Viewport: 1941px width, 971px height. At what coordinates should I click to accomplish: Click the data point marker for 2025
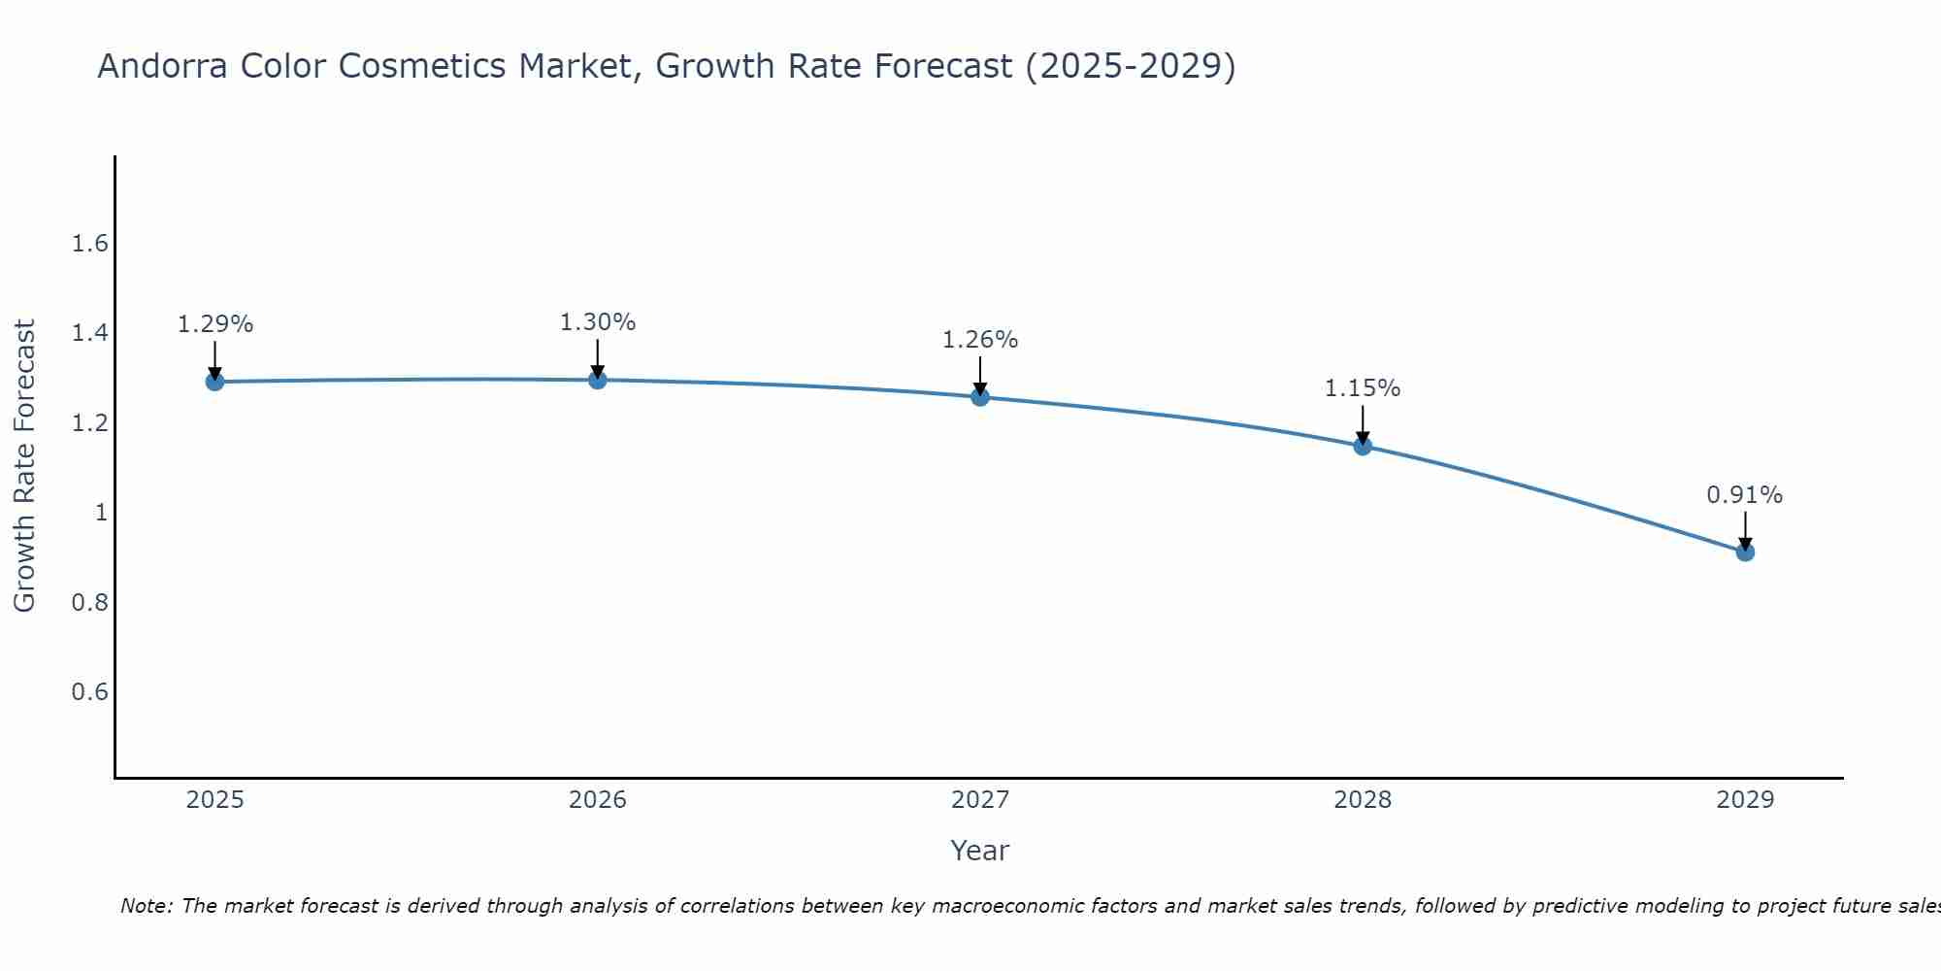tap(215, 382)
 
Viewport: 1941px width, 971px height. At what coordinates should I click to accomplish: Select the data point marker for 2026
tap(598, 380)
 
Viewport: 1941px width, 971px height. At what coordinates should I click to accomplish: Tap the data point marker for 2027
tap(980, 397)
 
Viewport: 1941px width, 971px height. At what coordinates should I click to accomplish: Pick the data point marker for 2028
tap(1363, 447)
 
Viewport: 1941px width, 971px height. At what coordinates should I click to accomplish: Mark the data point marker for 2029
tap(1745, 552)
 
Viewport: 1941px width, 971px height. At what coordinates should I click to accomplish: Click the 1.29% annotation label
tap(215, 324)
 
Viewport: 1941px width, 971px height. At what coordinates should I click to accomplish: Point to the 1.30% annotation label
tap(598, 322)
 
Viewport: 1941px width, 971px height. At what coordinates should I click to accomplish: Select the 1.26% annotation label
tap(980, 340)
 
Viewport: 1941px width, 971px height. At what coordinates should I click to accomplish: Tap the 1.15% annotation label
tap(1363, 388)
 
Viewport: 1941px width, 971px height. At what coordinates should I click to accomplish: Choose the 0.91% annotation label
tap(1745, 495)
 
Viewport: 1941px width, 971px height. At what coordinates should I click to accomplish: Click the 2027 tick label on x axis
tap(980, 800)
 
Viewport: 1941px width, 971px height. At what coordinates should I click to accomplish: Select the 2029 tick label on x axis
tap(1745, 800)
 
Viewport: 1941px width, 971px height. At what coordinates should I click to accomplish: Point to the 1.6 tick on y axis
tap(90, 244)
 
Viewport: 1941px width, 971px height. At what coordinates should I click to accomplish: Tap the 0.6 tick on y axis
tap(90, 692)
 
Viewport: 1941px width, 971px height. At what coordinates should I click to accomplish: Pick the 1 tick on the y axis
tap(101, 513)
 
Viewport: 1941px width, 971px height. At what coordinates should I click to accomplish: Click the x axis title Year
tap(980, 851)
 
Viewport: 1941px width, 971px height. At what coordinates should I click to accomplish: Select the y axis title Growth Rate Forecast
tap(24, 466)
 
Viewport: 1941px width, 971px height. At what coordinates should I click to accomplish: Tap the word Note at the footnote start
tap(146, 906)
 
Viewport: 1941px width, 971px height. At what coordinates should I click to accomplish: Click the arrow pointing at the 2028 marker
tap(1363, 424)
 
